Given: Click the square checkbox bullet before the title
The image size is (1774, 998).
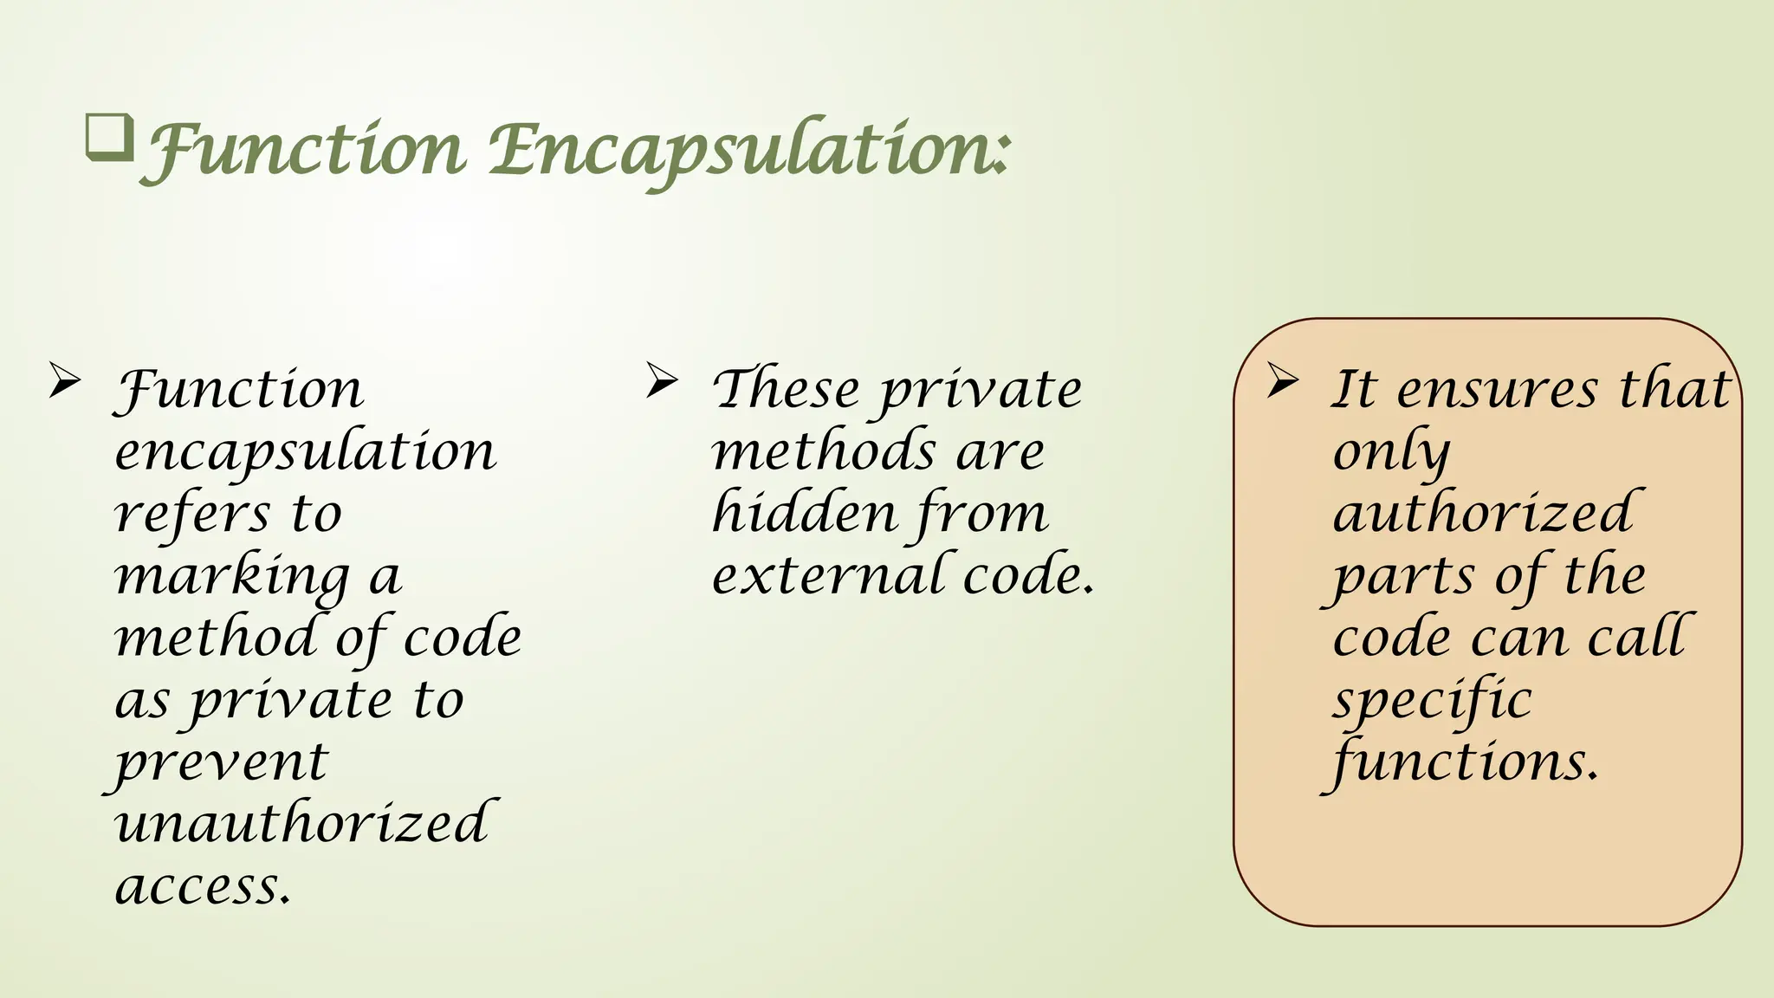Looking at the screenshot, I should tap(109, 138).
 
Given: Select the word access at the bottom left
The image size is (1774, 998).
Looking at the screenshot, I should tap(203, 886).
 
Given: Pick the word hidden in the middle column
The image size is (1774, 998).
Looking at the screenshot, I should tap(804, 513).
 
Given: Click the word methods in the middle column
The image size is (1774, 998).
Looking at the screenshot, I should tap(824, 452).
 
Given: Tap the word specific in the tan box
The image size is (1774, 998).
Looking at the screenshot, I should tap(1432, 700).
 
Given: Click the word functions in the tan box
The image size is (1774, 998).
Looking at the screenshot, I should tap(1464, 762).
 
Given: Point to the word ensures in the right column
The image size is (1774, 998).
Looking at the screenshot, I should tap(1498, 389).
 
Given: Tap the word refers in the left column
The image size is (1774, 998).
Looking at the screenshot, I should tap(192, 514).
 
